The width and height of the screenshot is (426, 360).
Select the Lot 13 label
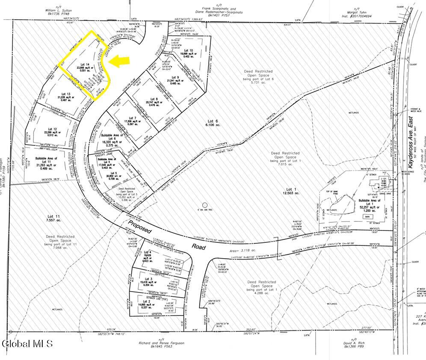click(65, 93)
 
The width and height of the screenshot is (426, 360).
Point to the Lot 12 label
click(53, 129)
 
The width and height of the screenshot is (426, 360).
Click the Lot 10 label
click(188, 50)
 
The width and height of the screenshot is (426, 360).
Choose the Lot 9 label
click(174, 77)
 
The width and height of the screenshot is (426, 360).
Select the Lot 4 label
click(148, 252)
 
